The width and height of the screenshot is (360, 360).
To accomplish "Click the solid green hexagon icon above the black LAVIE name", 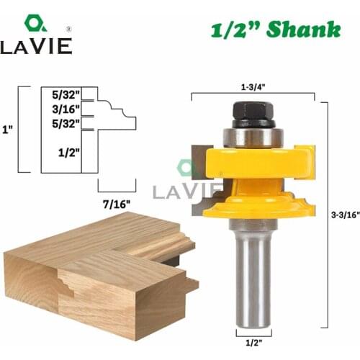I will (x=35, y=22).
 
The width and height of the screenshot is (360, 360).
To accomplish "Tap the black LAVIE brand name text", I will (x=36, y=47).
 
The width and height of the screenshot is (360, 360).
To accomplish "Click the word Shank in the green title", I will (x=302, y=29).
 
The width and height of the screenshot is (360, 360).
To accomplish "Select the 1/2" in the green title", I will (x=233, y=29).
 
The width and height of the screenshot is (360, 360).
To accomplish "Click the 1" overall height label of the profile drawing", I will (x=7, y=130).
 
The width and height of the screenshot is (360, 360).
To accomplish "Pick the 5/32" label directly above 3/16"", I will (x=66, y=94).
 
